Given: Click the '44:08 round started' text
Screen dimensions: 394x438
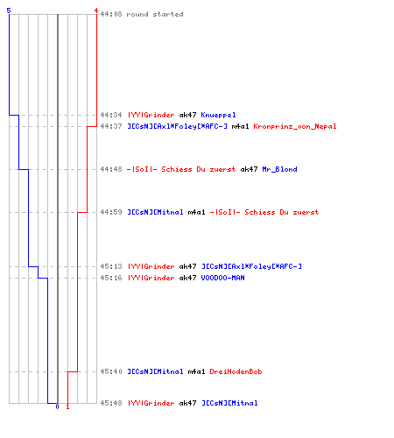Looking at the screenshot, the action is pos(142,14).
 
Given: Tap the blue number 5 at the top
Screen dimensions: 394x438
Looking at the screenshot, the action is pos(9,11).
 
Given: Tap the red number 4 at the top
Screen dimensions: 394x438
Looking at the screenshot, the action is pos(96,11).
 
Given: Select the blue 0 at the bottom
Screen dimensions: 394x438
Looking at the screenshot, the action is pos(57,406).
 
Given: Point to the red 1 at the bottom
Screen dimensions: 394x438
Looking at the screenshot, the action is pos(67,406).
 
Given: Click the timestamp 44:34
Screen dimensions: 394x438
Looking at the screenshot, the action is pos(111,115).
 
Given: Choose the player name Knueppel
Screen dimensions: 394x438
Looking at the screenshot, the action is pos(218,115).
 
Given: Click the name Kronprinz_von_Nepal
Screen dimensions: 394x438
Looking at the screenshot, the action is pos(295,126).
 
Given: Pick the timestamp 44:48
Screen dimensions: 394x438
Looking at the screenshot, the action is pos(111,169).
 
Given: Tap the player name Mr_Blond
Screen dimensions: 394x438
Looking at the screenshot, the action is pos(279,169).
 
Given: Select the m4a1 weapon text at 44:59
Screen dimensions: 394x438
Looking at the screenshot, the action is pos(196,212).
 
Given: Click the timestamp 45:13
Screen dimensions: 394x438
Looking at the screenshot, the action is pos(111,266).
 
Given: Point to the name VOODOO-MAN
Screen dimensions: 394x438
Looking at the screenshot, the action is pos(222,278).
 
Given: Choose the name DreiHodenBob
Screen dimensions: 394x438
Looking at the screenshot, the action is pos(236,371).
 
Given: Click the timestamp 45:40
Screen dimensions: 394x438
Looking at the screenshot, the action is pos(111,371).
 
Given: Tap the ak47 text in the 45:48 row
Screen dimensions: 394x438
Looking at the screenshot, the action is pos(187,403).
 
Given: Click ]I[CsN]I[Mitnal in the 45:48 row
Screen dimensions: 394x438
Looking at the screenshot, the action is pos(229,403).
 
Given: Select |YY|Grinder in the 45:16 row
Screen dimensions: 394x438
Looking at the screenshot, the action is pos(151,278).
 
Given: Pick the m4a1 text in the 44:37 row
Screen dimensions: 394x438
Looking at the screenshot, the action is pos(240,126).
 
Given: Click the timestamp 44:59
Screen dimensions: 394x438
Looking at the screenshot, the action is pos(111,212).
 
